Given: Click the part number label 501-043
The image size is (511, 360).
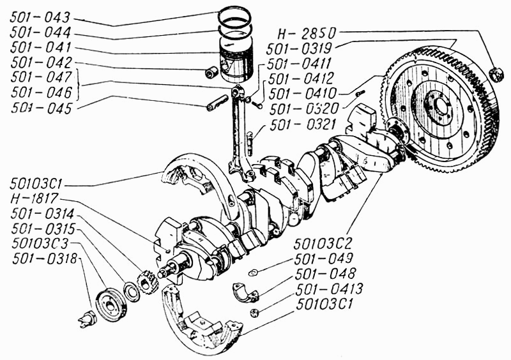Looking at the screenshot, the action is (40, 18).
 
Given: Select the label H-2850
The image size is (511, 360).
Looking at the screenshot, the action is (307, 33).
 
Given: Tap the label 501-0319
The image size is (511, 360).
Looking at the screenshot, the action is (299, 49).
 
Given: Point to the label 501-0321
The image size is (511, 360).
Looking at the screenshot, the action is (302, 124).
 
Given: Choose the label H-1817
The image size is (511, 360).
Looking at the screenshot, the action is (34, 199).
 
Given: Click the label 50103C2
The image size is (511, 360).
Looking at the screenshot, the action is (323, 243).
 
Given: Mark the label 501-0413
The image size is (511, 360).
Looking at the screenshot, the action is (329, 289).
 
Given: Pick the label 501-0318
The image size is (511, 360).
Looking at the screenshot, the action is (45, 259).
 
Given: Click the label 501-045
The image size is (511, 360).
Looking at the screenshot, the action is (41, 108).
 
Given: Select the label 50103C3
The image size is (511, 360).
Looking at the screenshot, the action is (41, 243).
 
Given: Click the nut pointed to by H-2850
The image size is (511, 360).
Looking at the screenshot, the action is (498, 74).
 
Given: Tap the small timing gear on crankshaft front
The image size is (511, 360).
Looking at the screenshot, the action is (148, 283).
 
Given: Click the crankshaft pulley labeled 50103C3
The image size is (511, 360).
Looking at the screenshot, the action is (110, 304).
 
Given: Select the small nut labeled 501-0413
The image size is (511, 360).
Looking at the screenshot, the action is (254, 313).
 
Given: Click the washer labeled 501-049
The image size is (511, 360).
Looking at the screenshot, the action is (253, 272).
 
